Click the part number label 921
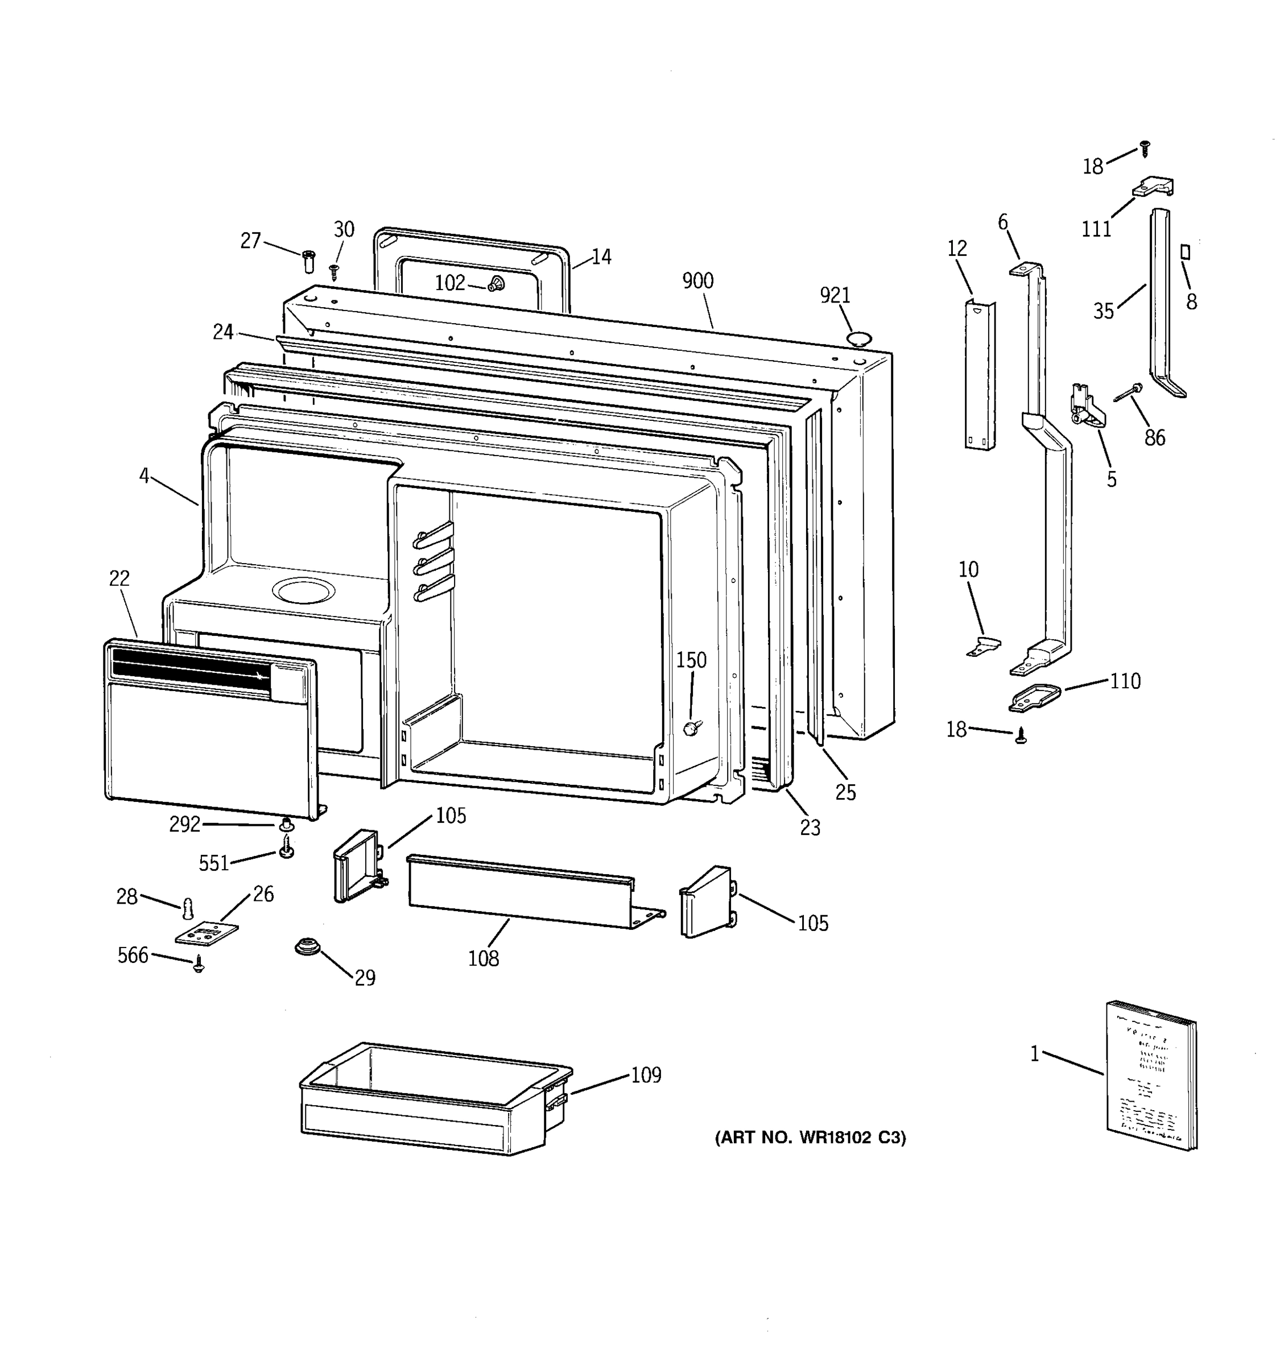point(835,295)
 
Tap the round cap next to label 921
point(859,338)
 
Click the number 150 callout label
point(691,660)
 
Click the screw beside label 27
point(308,261)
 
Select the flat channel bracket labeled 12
point(980,375)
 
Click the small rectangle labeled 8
point(1184,252)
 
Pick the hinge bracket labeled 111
point(1154,187)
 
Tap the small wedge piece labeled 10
point(984,646)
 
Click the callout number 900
point(697,281)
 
